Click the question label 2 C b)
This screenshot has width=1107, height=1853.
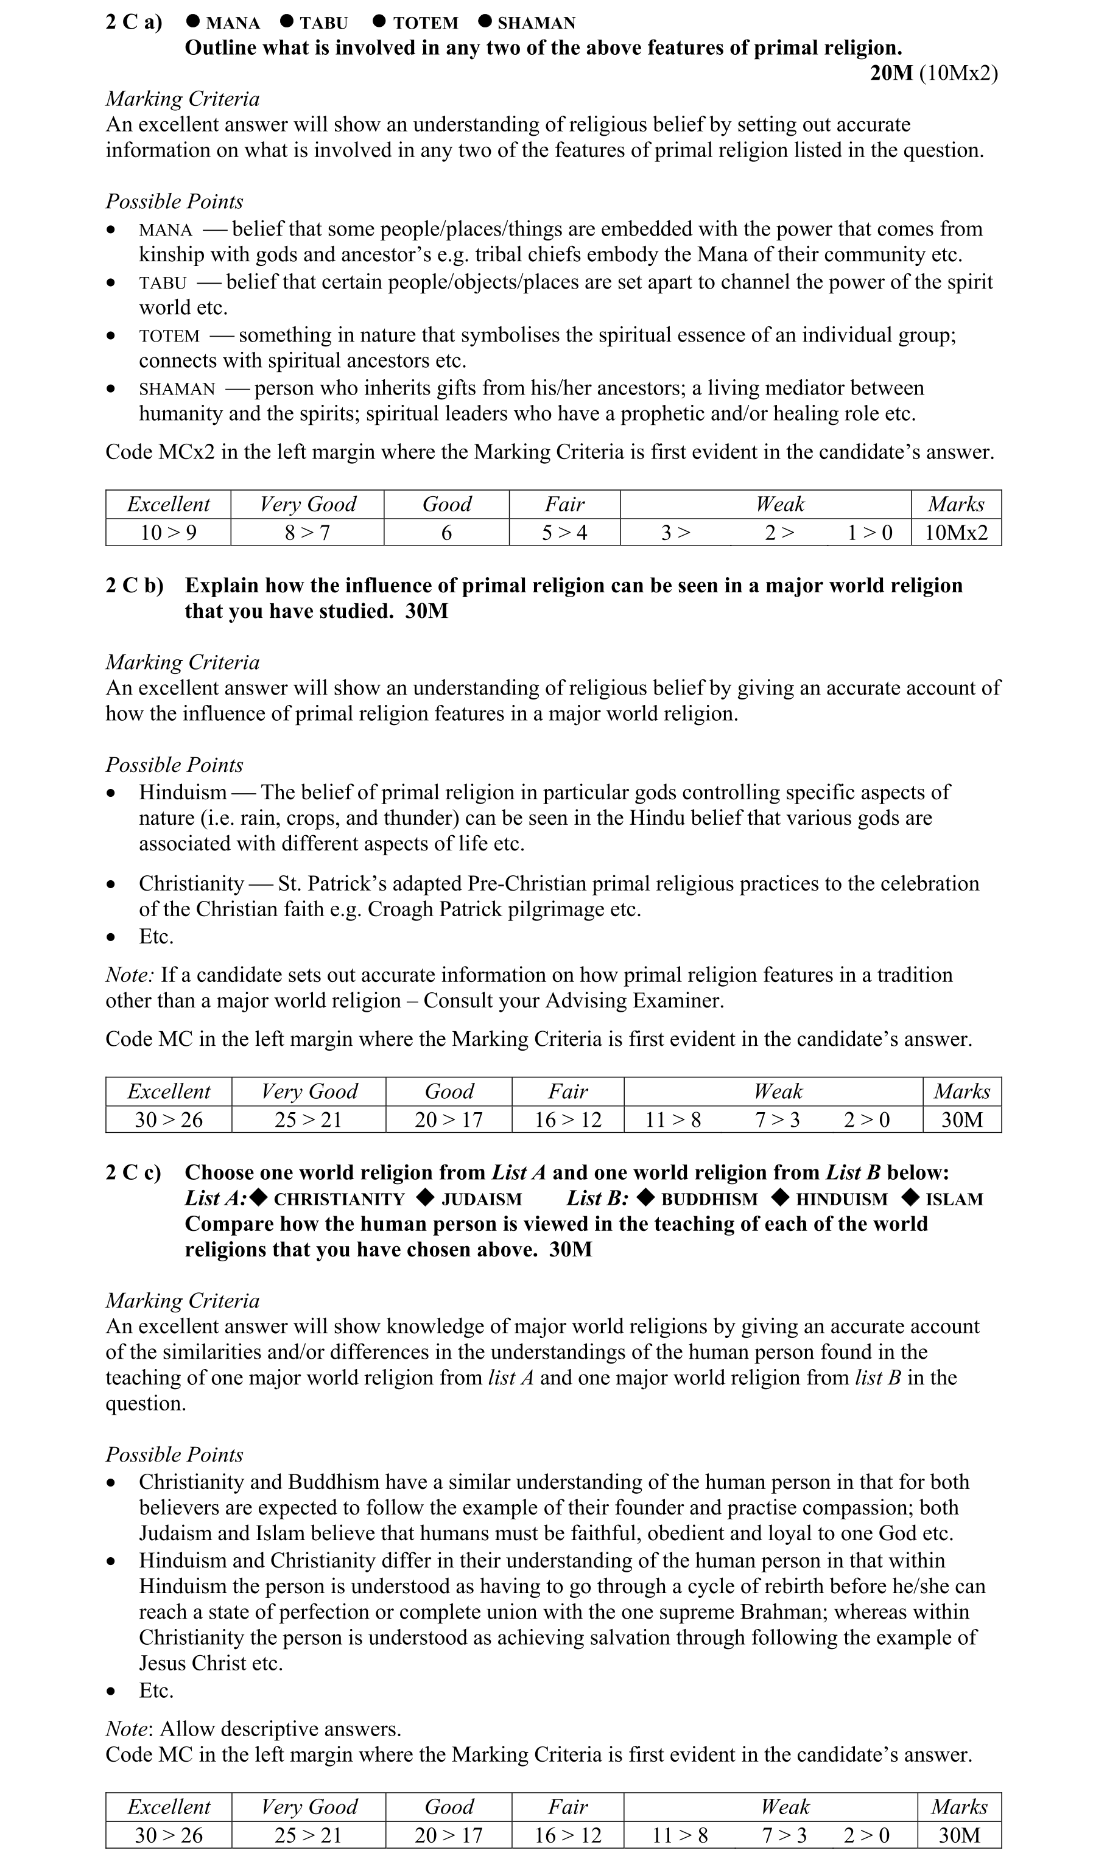coord(135,586)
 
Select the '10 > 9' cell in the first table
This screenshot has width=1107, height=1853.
coord(169,533)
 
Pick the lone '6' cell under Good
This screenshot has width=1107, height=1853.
coord(446,533)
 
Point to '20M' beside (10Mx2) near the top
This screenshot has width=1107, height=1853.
coord(891,73)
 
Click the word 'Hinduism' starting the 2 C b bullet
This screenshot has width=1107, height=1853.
coord(183,792)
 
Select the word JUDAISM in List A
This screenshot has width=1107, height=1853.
coord(481,1199)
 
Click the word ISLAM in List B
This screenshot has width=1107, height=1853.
coord(954,1199)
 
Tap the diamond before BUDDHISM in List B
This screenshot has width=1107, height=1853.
coord(647,1197)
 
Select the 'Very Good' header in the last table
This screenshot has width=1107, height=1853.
coord(309,1807)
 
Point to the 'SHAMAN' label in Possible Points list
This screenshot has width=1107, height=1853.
coord(177,389)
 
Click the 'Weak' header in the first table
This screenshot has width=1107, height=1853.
coord(779,505)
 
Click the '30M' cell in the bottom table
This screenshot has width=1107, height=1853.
coord(958,1835)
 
